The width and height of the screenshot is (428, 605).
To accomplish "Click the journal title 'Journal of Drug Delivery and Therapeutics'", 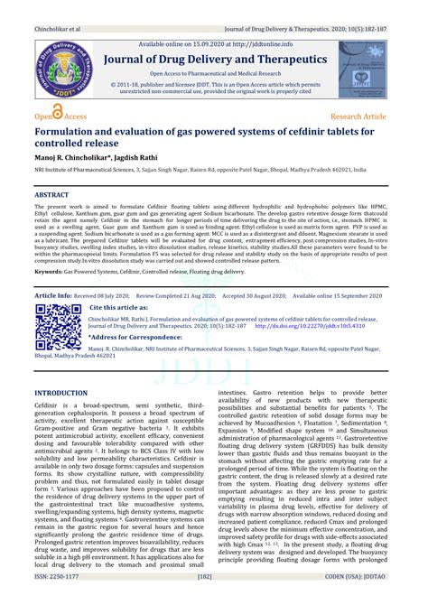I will coord(214,60).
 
